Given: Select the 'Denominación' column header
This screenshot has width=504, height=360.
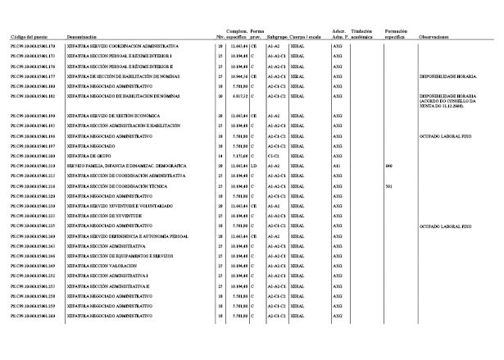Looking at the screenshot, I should click(x=83, y=37).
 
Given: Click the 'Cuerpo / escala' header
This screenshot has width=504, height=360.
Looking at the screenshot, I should click(x=306, y=37).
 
